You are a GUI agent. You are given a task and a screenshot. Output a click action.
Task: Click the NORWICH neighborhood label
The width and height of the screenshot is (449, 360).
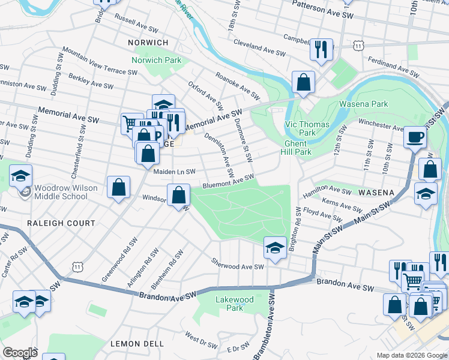148,43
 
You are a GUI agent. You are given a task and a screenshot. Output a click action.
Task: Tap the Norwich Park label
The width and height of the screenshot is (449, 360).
157,61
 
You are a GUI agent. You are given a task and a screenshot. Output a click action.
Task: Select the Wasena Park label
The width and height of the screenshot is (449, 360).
363,104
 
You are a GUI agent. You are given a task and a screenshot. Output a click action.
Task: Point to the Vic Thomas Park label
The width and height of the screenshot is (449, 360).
299,128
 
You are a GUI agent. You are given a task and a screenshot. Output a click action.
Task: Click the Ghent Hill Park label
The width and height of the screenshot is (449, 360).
295,148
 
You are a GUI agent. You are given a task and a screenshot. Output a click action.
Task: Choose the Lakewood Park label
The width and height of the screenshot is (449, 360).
235,304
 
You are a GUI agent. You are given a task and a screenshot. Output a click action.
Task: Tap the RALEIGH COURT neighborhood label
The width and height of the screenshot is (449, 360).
61,223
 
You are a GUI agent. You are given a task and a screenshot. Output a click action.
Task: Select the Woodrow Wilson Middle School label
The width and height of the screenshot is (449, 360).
65,192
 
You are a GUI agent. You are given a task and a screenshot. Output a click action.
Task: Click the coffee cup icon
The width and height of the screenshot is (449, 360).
415,137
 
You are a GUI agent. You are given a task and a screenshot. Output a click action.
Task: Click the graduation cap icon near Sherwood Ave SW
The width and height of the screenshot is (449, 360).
274,247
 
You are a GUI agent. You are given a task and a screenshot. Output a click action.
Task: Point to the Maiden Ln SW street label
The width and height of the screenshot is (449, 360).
175,172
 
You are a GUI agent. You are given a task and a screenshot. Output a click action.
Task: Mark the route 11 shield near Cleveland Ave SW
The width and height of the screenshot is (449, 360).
358,45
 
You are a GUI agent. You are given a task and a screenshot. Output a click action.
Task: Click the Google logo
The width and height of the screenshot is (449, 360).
20,353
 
